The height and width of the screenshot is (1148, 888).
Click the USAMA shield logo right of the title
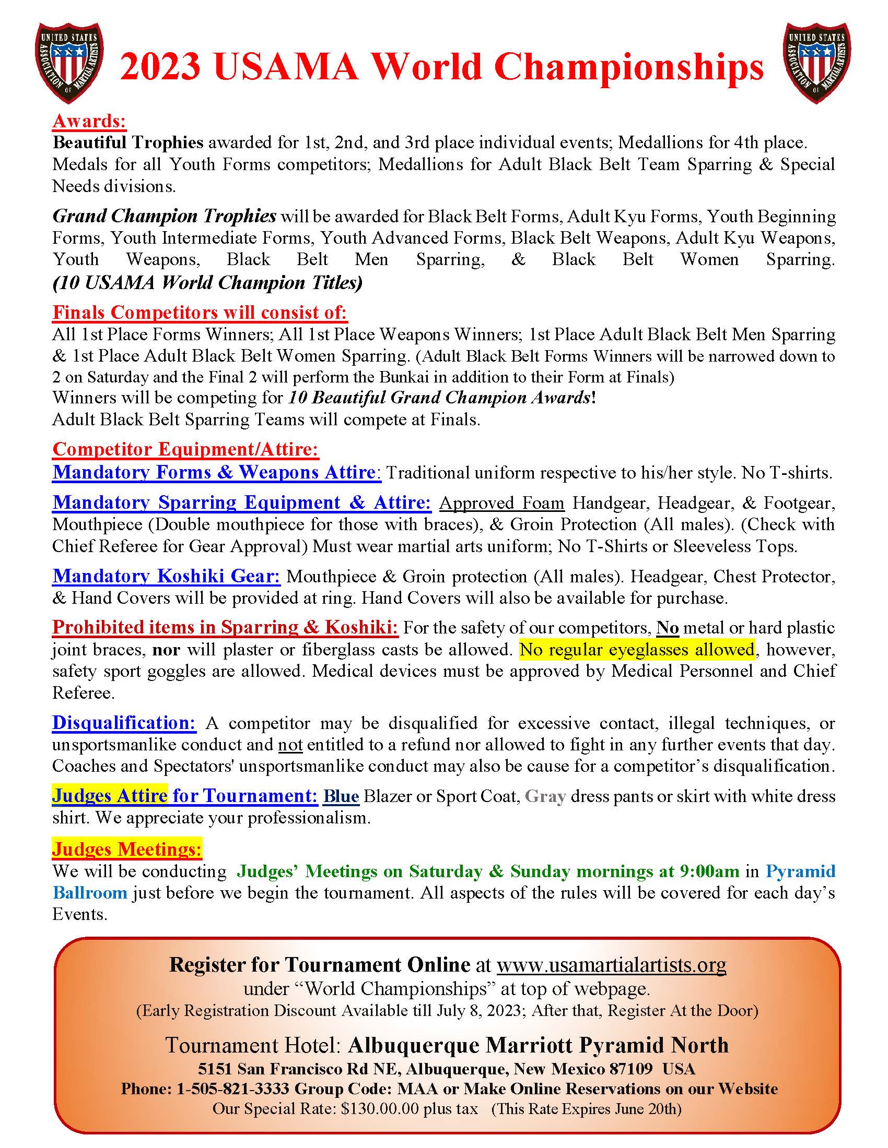coord(817,62)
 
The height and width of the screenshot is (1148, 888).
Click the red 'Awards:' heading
coord(89,122)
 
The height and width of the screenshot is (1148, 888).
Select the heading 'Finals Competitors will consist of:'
coord(200,313)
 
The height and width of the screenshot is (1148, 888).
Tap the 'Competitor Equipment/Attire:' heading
coord(186,449)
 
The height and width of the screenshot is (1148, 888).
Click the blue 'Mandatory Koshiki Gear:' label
coord(166,577)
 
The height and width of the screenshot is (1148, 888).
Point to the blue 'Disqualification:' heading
coord(124,723)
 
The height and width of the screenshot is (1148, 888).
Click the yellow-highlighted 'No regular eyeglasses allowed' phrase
coord(637,650)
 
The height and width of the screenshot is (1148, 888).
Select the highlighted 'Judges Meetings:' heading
coord(127,850)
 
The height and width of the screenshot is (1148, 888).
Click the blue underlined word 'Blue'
coord(341,796)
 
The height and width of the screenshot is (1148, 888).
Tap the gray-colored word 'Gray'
coord(545,796)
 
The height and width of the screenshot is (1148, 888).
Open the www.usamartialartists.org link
coord(611,964)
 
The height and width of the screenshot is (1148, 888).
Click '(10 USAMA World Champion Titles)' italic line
coord(207,283)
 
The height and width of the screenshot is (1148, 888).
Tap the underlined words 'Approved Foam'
coord(501,503)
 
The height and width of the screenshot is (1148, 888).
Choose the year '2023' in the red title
coord(160,67)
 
